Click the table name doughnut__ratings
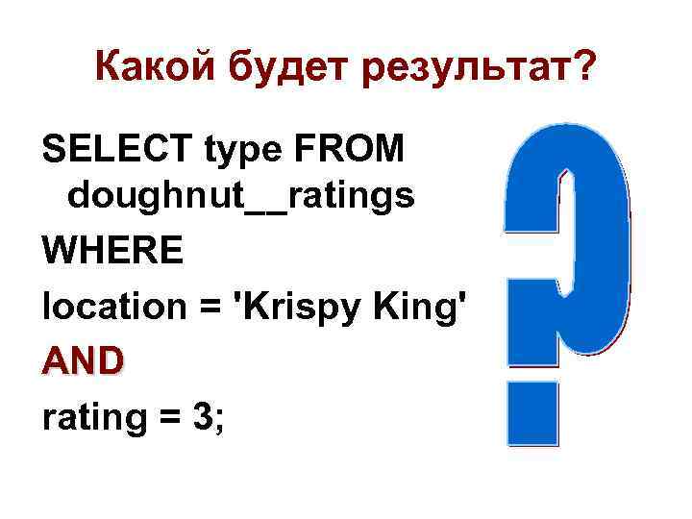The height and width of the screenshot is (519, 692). click(240, 196)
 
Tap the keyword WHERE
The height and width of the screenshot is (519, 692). click(112, 252)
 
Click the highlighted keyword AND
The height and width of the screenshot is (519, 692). click(83, 361)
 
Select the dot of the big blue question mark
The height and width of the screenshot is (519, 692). click(533, 412)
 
